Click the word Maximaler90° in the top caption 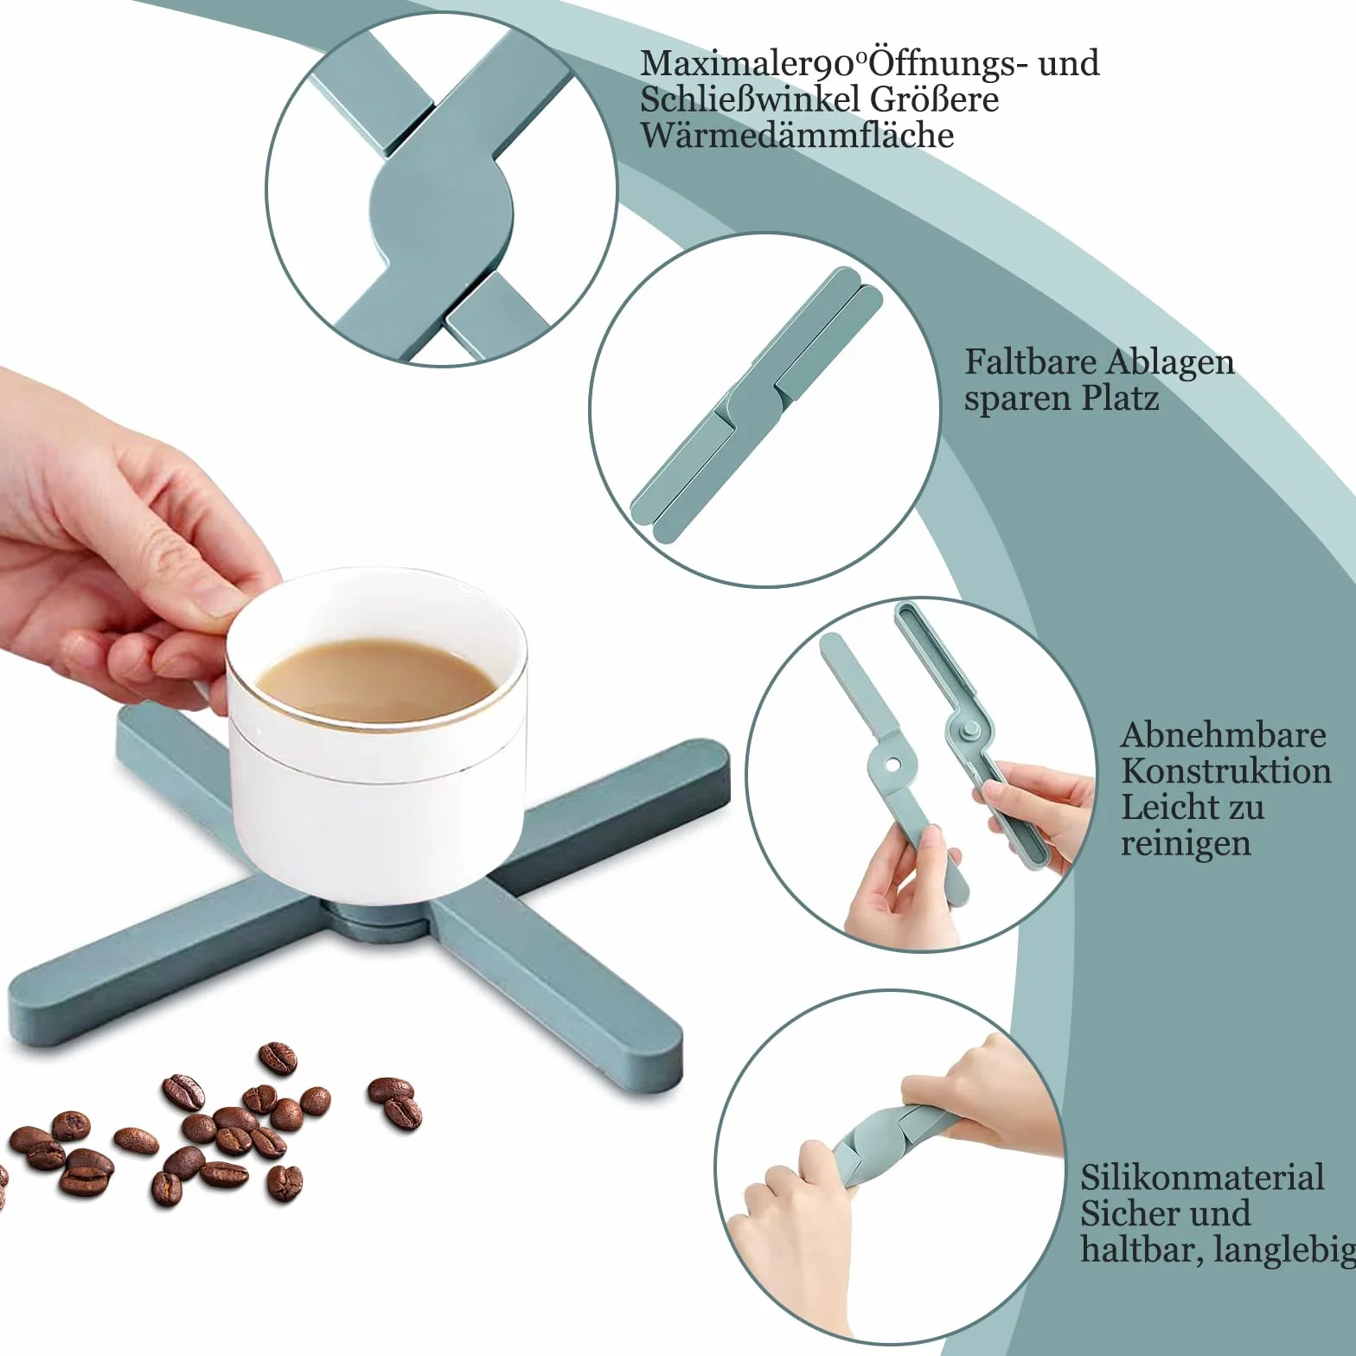pos(753,64)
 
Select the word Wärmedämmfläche pos(796,135)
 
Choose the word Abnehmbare pos(1223,735)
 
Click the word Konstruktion pos(1225,771)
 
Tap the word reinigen pos(1186,844)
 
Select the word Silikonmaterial pos(1202,1177)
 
